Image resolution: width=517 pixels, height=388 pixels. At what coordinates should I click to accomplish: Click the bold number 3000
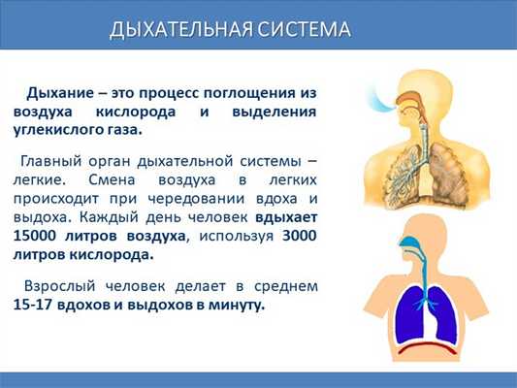pyautogui.click(x=300, y=236)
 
